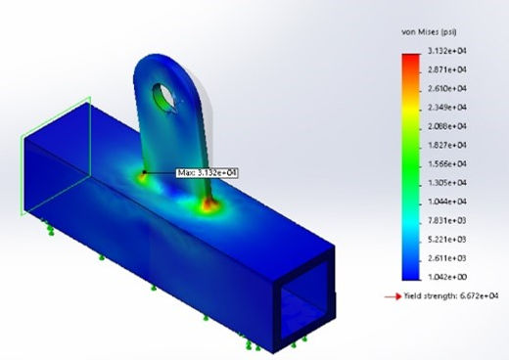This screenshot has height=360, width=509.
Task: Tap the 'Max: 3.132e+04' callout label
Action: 207,173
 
